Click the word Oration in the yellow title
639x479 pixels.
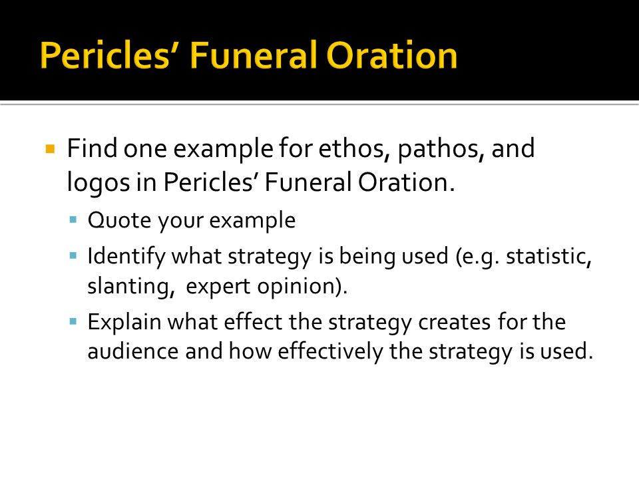tap(391, 55)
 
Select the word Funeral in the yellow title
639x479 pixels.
tap(254, 55)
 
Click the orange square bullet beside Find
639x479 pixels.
tap(50, 149)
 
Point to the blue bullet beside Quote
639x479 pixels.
tap(73, 220)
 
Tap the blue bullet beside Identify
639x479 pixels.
tap(73, 256)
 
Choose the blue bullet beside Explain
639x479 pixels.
tap(73, 322)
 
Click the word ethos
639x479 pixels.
tap(351, 148)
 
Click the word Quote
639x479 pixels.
tap(119, 221)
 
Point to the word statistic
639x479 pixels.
tap(548, 257)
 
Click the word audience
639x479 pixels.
tap(133, 351)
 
